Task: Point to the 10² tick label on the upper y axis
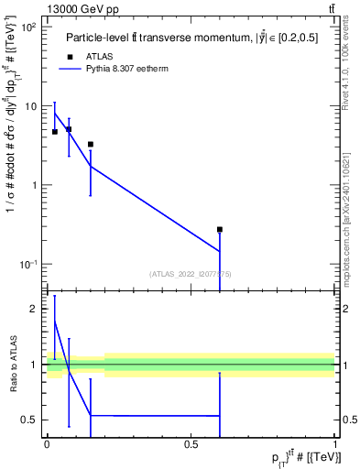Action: (x=27, y=27)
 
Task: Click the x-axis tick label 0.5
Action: (x=191, y=443)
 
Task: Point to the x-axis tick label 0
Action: (x=47, y=443)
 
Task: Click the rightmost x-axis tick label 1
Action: (x=335, y=443)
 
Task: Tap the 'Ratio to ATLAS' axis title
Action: (x=13, y=365)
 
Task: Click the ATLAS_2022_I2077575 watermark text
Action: (x=190, y=272)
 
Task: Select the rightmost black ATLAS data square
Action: (x=220, y=229)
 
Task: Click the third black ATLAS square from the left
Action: (x=90, y=144)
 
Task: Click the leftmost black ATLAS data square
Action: (x=55, y=132)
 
